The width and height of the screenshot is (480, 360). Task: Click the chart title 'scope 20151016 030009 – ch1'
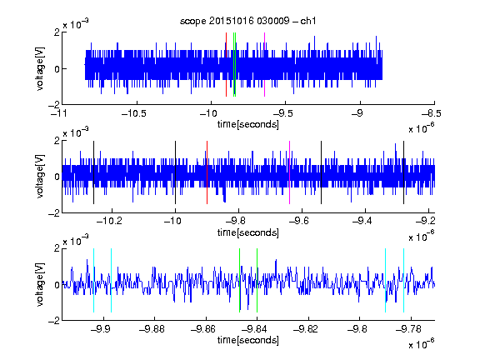247,21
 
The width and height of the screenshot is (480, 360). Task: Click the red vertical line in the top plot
226,65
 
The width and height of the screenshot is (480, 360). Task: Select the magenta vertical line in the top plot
264,65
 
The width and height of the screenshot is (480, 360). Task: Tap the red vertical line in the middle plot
207,172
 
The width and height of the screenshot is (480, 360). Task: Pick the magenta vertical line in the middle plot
290,172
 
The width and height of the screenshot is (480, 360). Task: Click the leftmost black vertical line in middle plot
93,172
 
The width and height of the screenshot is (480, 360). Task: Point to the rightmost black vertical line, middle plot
404,172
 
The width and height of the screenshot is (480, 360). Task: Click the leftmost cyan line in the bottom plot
93,280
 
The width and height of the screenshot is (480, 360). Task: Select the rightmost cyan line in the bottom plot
404,280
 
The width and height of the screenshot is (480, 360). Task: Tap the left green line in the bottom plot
239,280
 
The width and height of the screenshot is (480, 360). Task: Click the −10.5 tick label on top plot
134,113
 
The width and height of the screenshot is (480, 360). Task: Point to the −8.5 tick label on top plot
432,113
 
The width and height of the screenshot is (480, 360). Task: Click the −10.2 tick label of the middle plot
109,221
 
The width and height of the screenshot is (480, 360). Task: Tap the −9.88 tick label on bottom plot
152,329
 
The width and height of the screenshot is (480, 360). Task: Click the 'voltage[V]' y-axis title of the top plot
40,68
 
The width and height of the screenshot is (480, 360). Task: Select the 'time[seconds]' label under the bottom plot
248,340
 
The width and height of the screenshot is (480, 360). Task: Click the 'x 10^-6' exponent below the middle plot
422,237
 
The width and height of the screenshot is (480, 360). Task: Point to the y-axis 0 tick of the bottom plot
57,285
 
